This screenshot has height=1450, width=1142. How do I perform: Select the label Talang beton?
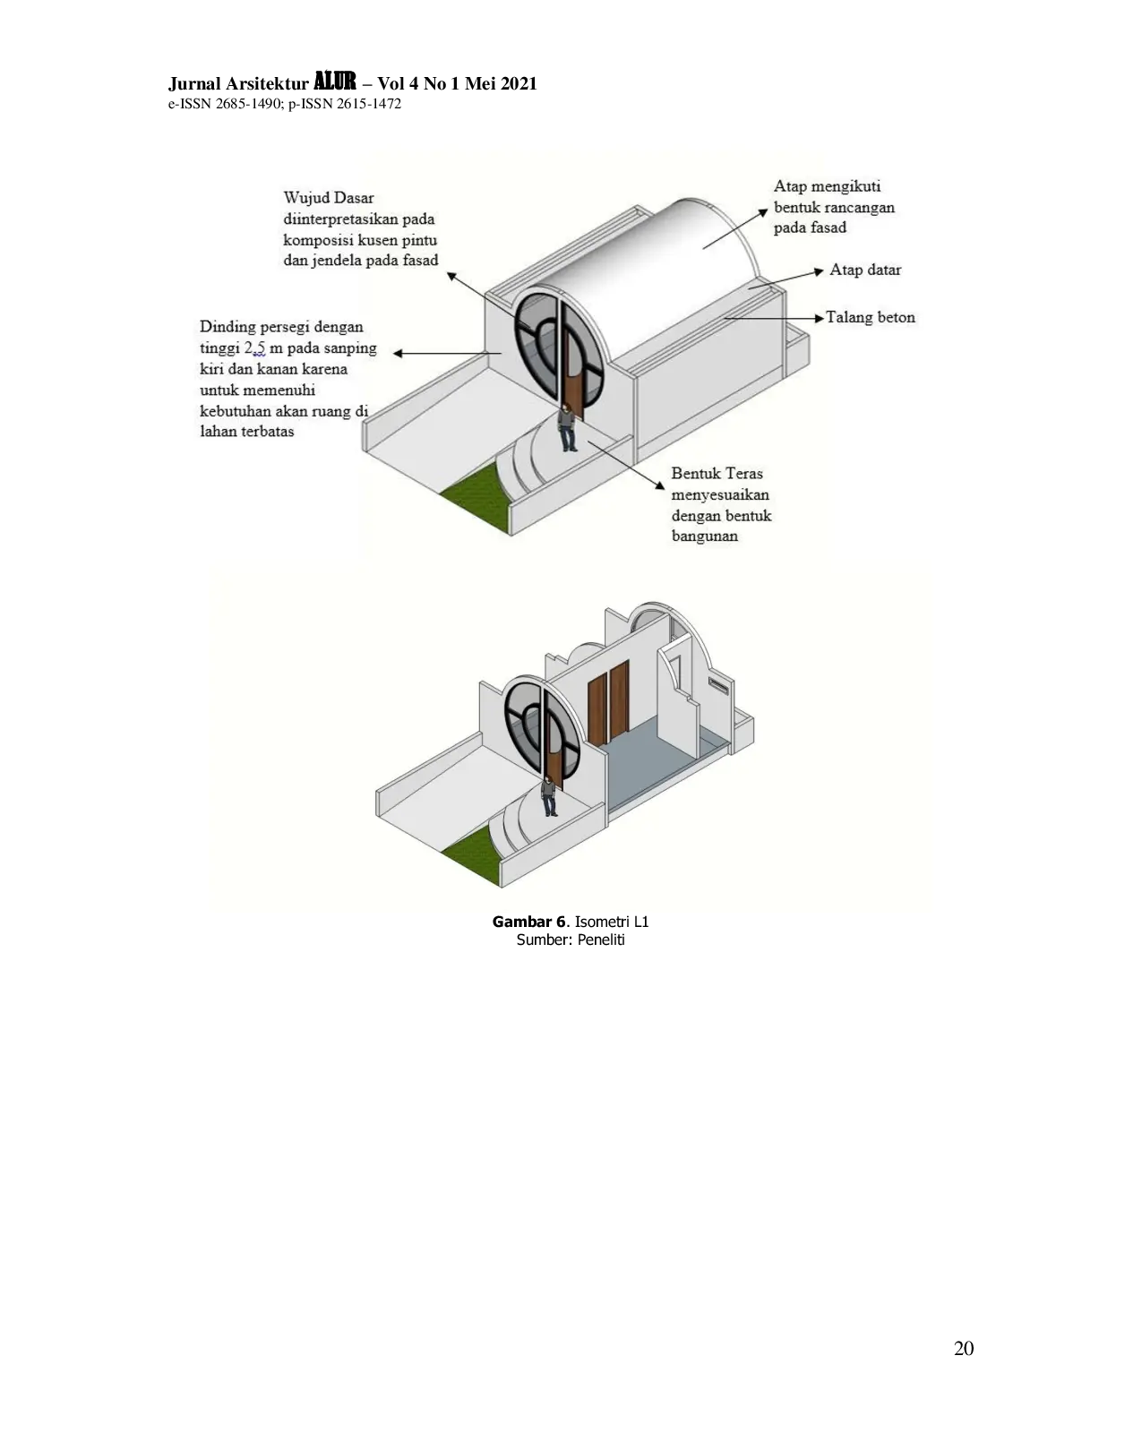(x=871, y=317)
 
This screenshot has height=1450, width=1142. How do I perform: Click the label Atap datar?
(x=865, y=270)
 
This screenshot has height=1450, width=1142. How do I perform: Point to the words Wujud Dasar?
(x=328, y=198)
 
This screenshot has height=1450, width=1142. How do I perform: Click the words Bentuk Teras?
(x=717, y=473)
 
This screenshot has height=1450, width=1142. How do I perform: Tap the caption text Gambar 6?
(x=528, y=922)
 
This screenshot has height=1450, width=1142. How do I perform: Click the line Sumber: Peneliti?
(x=571, y=939)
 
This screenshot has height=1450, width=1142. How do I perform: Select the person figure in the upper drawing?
(x=569, y=427)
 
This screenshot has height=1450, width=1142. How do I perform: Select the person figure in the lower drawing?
(x=550, y=795)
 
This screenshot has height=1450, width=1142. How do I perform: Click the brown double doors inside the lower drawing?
(x=608, y=701)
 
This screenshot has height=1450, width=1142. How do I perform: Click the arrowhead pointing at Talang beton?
(x=820, y=317)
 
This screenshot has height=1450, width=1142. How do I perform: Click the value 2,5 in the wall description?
(x=254, y=348)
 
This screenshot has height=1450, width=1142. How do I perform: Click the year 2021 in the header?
(x=518, y=83)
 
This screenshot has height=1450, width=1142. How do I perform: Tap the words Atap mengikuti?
(x=827, y=186)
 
